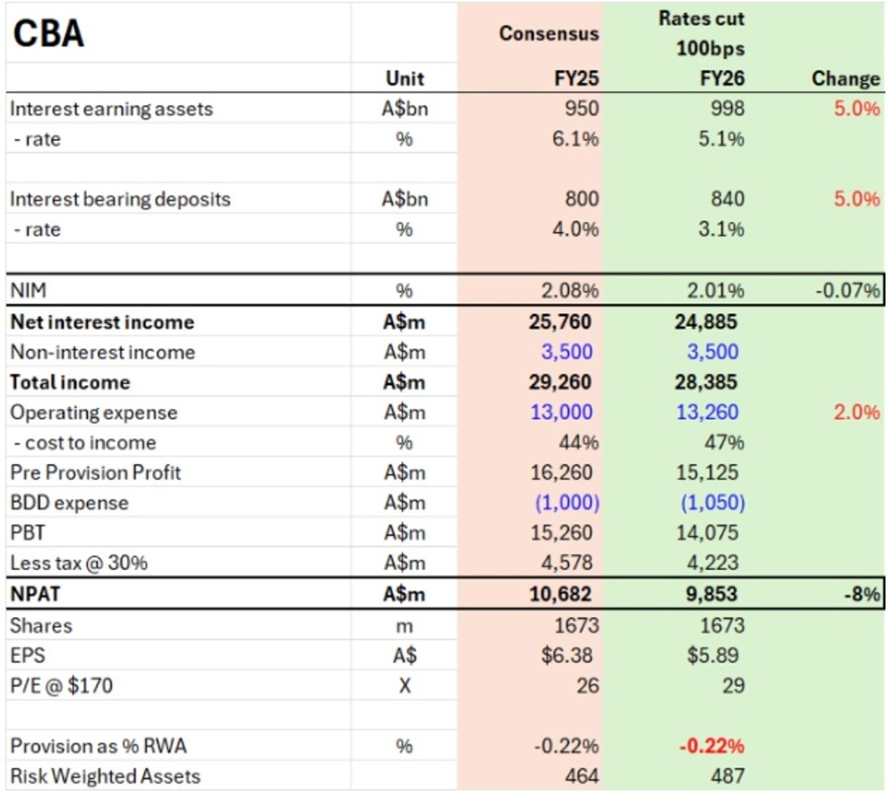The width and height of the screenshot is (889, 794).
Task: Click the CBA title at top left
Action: (x=47, y=33)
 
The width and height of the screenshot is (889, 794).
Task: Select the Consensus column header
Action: (x=548, y=33)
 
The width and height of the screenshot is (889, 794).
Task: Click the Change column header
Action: (x=845, y=78)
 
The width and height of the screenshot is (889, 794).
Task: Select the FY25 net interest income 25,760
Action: (x=564, y=322)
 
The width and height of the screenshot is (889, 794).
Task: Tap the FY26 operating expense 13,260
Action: (x=708, y=412)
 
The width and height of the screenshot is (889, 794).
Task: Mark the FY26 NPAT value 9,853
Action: (x=713, y=595)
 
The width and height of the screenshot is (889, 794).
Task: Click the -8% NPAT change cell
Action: (x=860, y=595)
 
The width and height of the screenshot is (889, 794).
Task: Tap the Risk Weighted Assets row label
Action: (x=105, y=776)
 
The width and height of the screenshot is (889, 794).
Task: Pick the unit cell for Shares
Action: (x=404, y=625)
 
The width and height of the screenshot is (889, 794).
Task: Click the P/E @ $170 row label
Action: (x=61, y=684)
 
